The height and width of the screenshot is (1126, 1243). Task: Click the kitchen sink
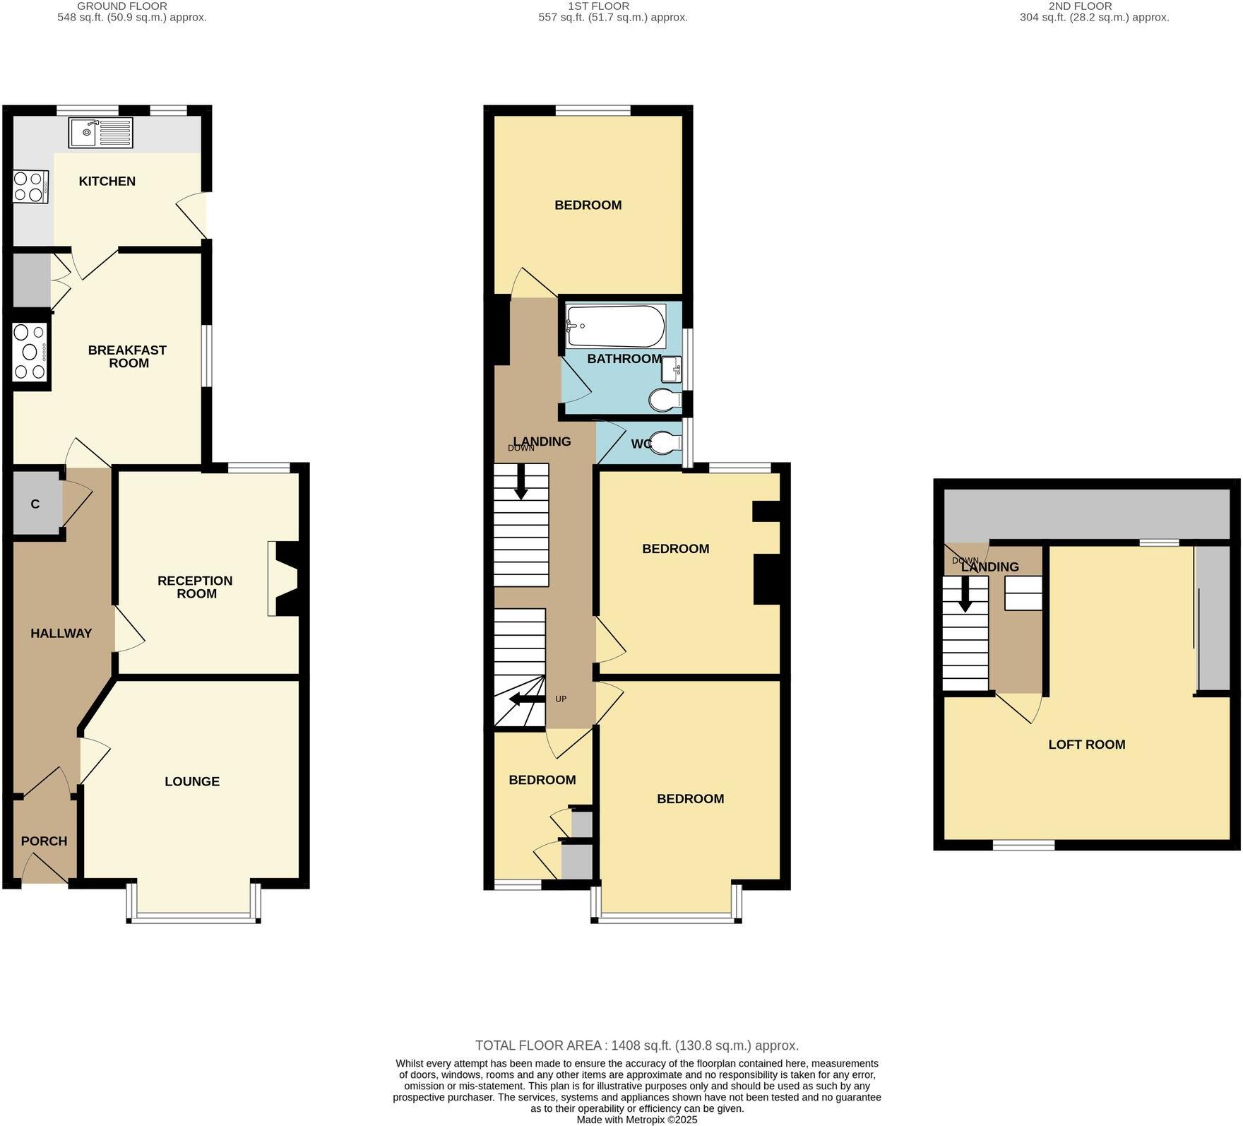tap(100, 132)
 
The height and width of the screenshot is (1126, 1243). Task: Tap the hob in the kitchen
tap(30, 186)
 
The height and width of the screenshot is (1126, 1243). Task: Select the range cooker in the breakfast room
tap(30, 351)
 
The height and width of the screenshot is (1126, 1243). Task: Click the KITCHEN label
tap(107, 182)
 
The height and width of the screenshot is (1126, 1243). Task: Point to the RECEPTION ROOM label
tap(195, 587)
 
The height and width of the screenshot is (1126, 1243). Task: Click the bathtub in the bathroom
tap(615, 326)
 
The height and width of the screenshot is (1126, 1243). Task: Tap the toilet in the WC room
tap(665, 444)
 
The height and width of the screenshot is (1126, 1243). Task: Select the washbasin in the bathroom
tap(671, 369)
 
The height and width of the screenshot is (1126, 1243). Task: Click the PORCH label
tap(44, 841)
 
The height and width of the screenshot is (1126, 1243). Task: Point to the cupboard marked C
tap(35, 504)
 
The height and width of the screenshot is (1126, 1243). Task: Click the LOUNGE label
tap(192, 781)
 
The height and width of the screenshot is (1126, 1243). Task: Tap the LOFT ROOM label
tap(1086, 745)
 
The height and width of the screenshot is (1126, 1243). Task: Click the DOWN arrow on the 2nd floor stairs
tap(965, 594)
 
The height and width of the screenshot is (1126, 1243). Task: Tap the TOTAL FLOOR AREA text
tap(636, 1045)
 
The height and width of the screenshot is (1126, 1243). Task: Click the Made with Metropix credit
tap(636, 1120)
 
